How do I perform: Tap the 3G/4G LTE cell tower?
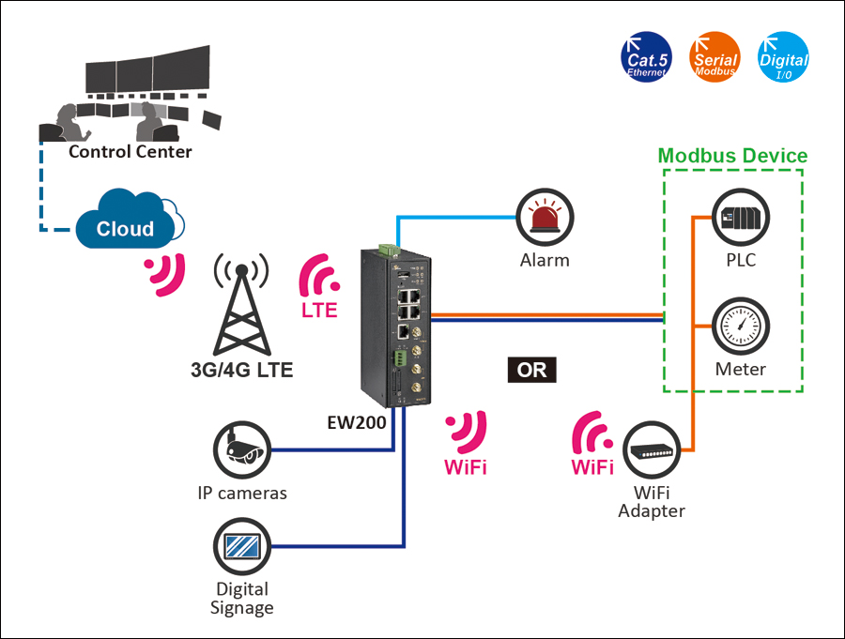(241, 306)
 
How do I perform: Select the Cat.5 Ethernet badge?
(647, 58)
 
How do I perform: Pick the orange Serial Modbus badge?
(714, 58)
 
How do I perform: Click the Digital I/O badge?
(783, 58)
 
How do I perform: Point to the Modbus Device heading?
(732, 156)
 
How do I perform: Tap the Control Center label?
(131, 151)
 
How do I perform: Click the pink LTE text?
(319, 311)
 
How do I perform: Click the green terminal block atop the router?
(387, 249)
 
